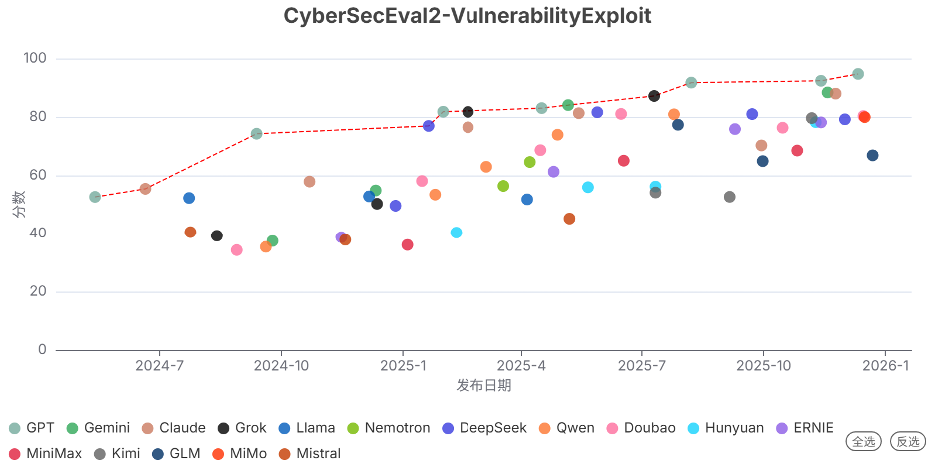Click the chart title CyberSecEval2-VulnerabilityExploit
[467, 16]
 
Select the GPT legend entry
[32, 428]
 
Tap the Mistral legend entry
[309, 453]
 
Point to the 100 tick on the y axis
[35, 59]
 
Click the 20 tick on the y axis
[39, 292]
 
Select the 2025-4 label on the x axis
[522, 366]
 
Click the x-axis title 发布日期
[483, 385]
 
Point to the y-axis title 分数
[18, 205]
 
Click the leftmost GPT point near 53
[95, 197]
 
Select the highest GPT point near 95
[858, 74]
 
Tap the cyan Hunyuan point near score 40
[457, 233]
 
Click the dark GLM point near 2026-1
[873, 155]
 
